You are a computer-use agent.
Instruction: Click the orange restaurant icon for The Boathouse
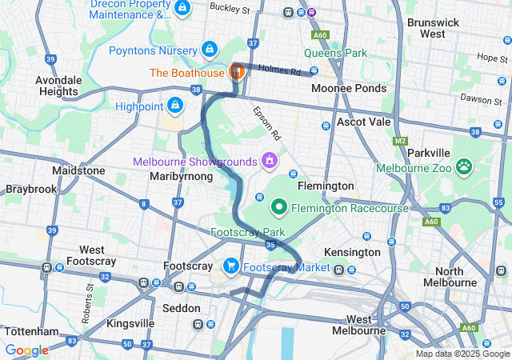pos(237,72)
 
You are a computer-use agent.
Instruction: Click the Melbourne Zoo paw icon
pos(463,167)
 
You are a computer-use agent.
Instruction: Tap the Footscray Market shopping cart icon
pos(231,266)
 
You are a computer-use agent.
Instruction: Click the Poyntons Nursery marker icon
pos(210,50)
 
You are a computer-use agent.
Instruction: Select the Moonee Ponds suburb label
pos(348,88)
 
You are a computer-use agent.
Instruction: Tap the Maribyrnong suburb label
pos(181,176)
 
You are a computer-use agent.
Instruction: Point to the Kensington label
pos(353,252)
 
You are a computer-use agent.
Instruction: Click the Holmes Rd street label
pos(280,70)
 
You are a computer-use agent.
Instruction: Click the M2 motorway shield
pos(401,141)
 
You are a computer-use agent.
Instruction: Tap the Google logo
pos(26,350)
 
